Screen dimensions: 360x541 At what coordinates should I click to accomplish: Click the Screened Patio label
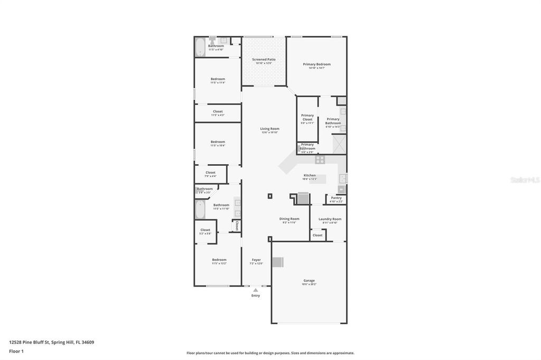tap(264, 60)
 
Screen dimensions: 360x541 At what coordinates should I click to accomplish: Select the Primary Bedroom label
tap(316, 64)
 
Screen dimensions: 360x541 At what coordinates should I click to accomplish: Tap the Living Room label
tap(269, 129)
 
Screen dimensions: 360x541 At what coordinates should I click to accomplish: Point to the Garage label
tap(309, 281)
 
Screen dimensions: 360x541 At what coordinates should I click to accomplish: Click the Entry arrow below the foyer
tap(256, 290)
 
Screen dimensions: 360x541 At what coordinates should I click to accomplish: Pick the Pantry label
tap(336, 198)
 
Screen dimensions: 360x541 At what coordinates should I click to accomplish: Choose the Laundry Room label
tap(330, 219)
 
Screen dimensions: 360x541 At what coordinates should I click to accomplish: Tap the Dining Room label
tap(289, 219)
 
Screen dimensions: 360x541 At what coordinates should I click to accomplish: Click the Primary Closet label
tap(307, 117)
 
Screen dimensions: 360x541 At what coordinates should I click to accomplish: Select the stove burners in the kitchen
tap(320, 159)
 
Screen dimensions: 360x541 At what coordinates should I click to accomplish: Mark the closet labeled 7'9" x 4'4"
tap(210, 174)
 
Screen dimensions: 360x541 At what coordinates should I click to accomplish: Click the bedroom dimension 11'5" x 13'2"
tap(219, 263)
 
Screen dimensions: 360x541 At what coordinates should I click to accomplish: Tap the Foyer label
tap(256, 260)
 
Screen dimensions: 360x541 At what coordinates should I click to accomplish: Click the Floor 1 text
tap(16, 351)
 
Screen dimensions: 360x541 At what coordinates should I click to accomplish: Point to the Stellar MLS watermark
tap(525, 180)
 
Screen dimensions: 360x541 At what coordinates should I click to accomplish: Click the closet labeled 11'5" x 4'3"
tap(218, 113)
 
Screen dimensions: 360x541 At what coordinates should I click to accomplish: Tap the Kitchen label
tap(310, 175)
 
